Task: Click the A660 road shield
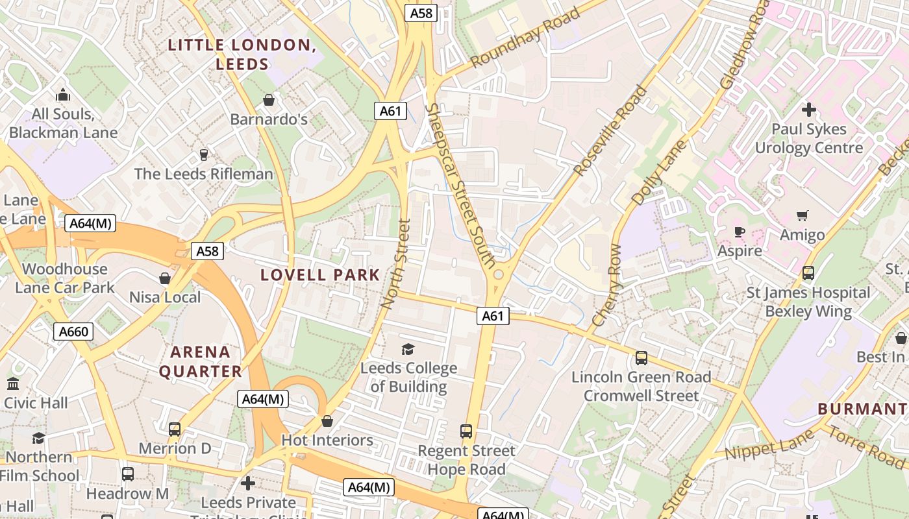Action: (x=73, y=332)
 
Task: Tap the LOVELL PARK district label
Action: (x=320, y=274)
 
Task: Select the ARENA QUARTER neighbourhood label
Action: (x=200, y=362)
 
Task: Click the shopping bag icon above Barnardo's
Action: (x=269, y=100)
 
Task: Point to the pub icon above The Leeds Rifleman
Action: (x=204, y=154)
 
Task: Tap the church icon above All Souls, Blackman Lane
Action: (x=63, y=95)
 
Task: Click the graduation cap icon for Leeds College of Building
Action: (x=408, y=349)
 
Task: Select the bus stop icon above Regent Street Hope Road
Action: (x=466, y=431)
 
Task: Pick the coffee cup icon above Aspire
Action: (x=739, y=232)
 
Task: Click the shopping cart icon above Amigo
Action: (x=803, y=215)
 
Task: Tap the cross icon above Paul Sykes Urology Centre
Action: (x=808, y=110)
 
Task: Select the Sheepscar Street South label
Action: (x=461, y=186)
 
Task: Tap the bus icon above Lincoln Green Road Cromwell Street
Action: (x=641, y=357)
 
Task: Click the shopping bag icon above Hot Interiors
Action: (x=327, y=421)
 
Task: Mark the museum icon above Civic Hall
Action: (x=13, y=383)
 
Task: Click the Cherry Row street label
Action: (x=607, y=285)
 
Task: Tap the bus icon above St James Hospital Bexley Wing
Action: (x=808, y=273)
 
